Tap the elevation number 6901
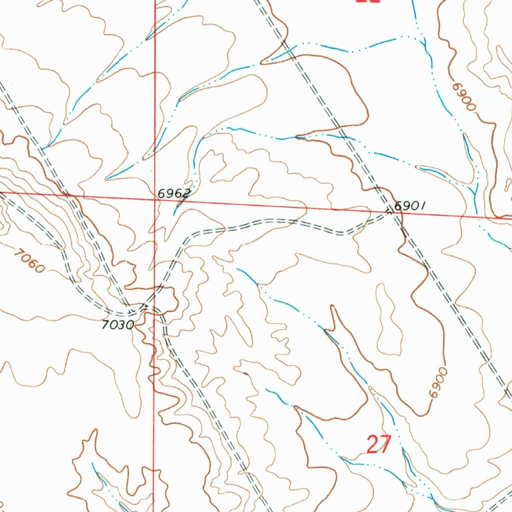[x=409, y=205]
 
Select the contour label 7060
[x=29, y=261]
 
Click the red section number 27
[x=378, y=444]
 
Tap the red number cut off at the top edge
[x=368, y=1]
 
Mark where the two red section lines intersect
[x=154, y=198]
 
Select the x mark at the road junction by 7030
[x=144, y=306]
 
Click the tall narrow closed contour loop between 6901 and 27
[x=388, y=320]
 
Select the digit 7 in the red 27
[x=384, y=444]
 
